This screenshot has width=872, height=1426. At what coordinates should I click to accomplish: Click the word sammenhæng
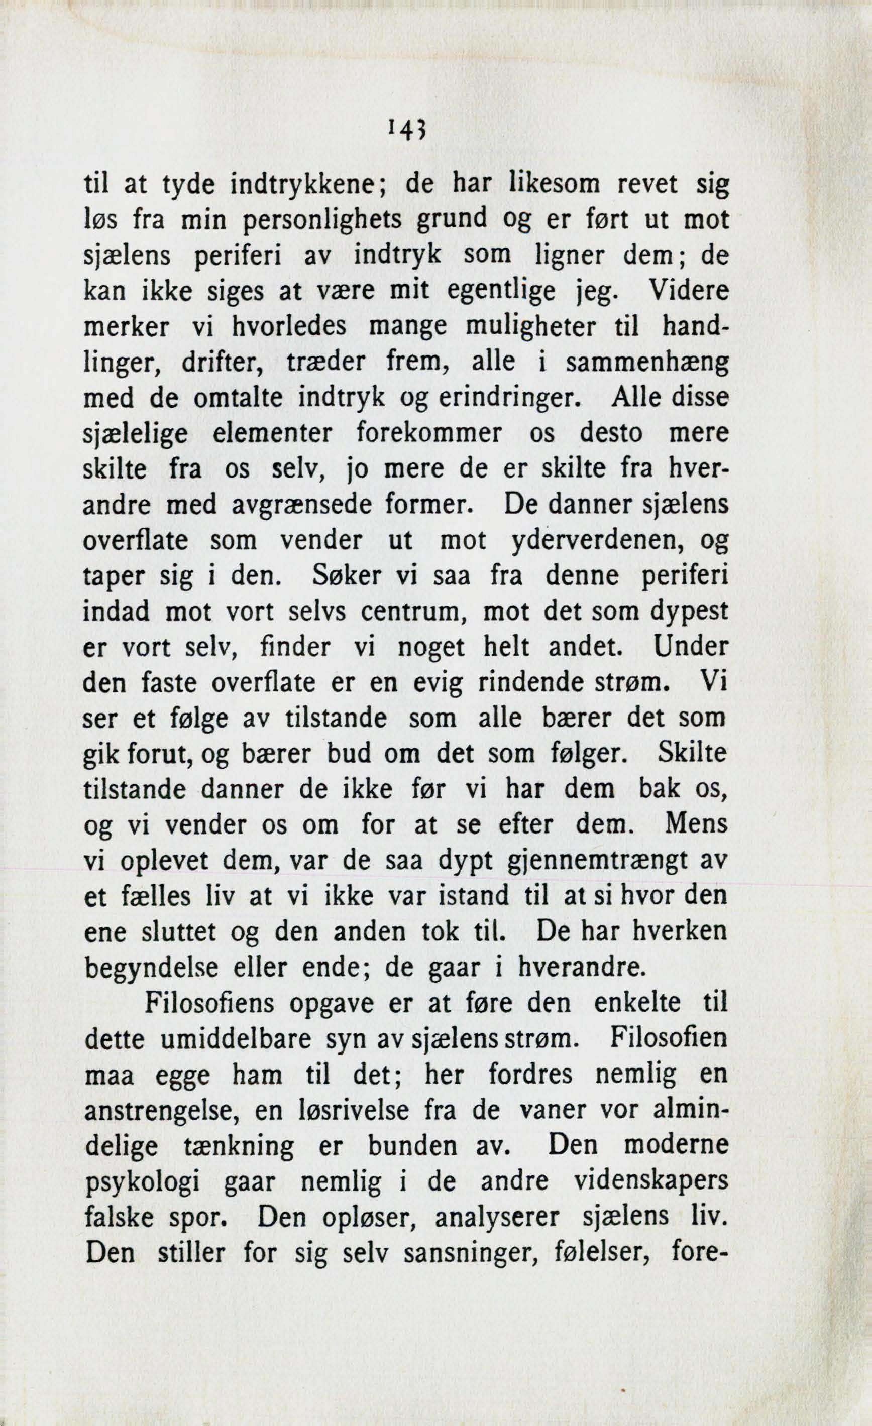(x=646, y=363)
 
